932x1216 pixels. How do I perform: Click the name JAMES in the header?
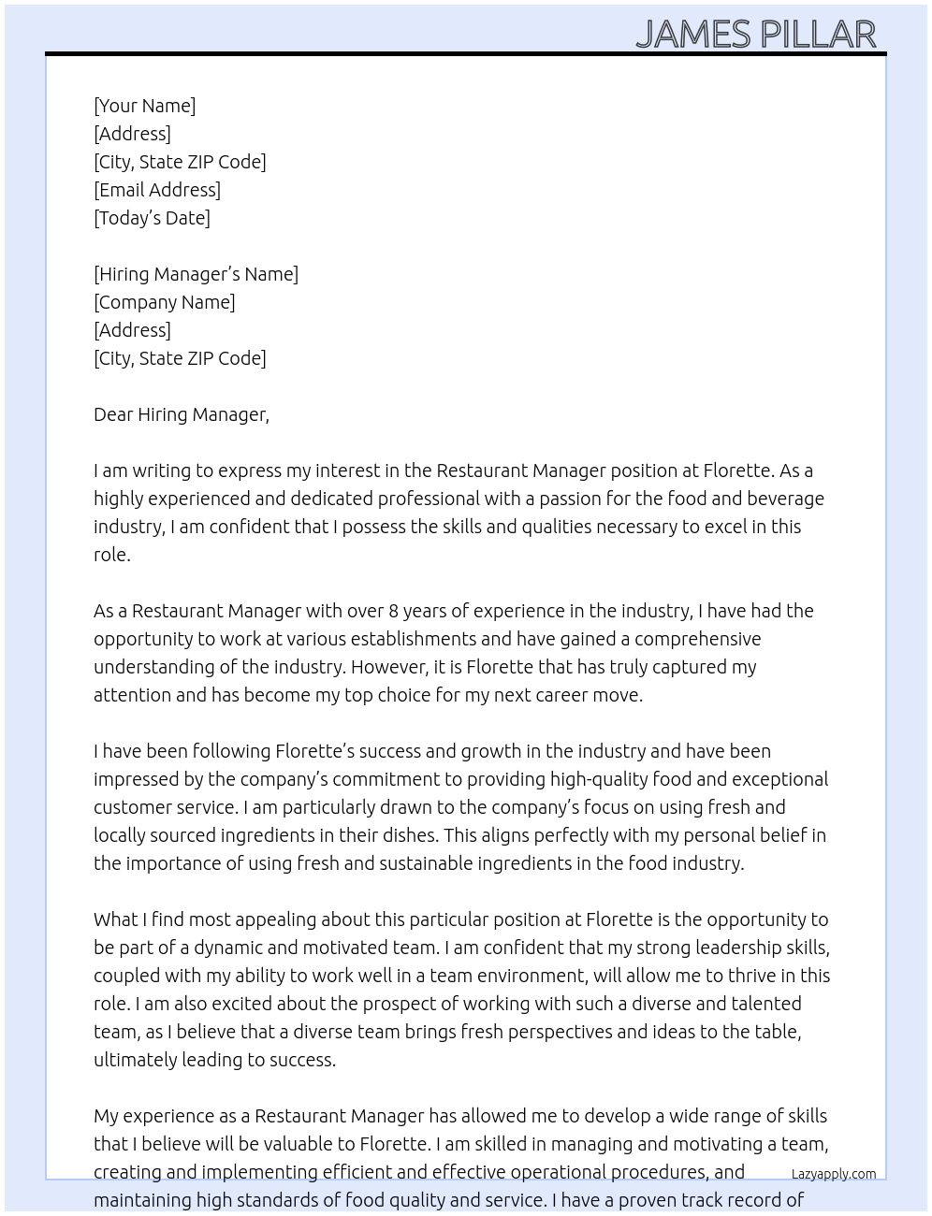(x=693, y=35)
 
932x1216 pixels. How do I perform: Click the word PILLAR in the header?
(x=817, y=35)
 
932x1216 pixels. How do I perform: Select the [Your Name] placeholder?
(x=145, y=106)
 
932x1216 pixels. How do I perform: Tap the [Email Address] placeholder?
(x=157, y=190)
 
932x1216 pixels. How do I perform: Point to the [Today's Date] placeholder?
(x=152, y=218)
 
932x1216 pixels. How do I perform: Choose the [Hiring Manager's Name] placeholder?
(x=196, y=274)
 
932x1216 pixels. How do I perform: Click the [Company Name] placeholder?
(x=165, y=302)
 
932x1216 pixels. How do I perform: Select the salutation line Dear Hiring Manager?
(x=181, y=414)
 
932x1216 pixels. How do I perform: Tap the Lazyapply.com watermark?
(x=834, y=1174)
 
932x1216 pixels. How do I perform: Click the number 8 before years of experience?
(x=394, y=611)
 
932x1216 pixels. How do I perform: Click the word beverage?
(x=786, y=499)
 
